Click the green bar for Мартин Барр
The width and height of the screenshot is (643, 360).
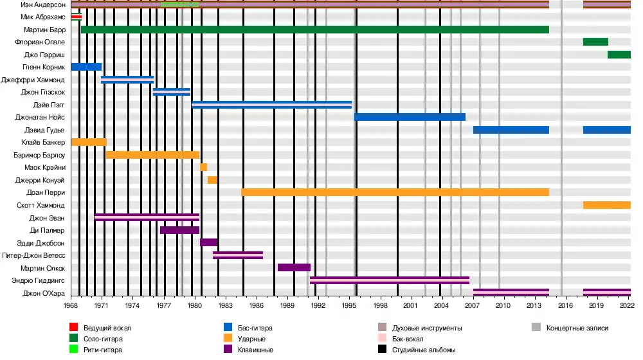pyautogui.click(x=314, y=30)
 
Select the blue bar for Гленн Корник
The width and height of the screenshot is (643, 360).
pyautogui.click(x=86, y=67)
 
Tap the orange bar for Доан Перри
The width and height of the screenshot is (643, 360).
pyautogui.click(x=395, y=192)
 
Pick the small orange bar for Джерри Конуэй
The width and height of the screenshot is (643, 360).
pyautogui.click(x=212, y=180)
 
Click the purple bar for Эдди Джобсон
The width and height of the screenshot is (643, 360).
pyautogui.click(x=209, y=242)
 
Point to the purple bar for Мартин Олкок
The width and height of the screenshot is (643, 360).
pyautogui.click(x=294, y=267)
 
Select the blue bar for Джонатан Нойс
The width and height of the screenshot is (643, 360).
pyautogui.click(x=410, y=117)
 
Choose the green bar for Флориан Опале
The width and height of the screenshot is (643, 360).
pyautogui.click(x=595, y=42)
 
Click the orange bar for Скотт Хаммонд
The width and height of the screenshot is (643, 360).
pyautogui.click(x=606, y=205)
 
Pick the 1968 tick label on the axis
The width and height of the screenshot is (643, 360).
pyautogui.click(x=71, y=307)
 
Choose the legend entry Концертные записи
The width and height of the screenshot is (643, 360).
pyautogui.click(x=577, y=328)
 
